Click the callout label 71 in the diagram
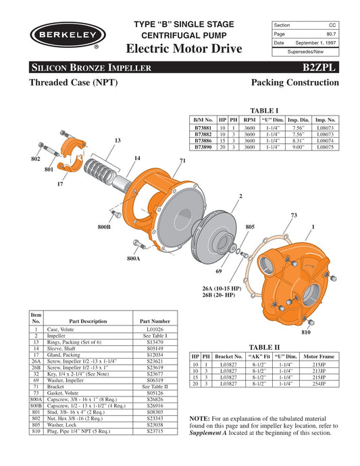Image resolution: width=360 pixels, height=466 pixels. (182, 161)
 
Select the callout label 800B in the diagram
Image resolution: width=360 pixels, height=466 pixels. (103, 227)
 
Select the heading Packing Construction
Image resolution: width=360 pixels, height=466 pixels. (294, 82)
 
